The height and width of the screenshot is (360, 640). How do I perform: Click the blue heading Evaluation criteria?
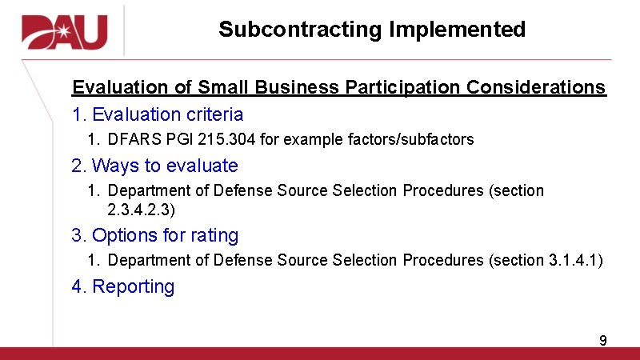[167, 114]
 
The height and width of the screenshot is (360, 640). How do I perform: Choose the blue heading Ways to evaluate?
[165, 166]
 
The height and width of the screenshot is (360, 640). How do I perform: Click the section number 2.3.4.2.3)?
[141, 210]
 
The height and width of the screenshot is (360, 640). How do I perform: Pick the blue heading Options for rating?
[165, 235]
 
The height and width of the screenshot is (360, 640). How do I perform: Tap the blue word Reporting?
[133, 286]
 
